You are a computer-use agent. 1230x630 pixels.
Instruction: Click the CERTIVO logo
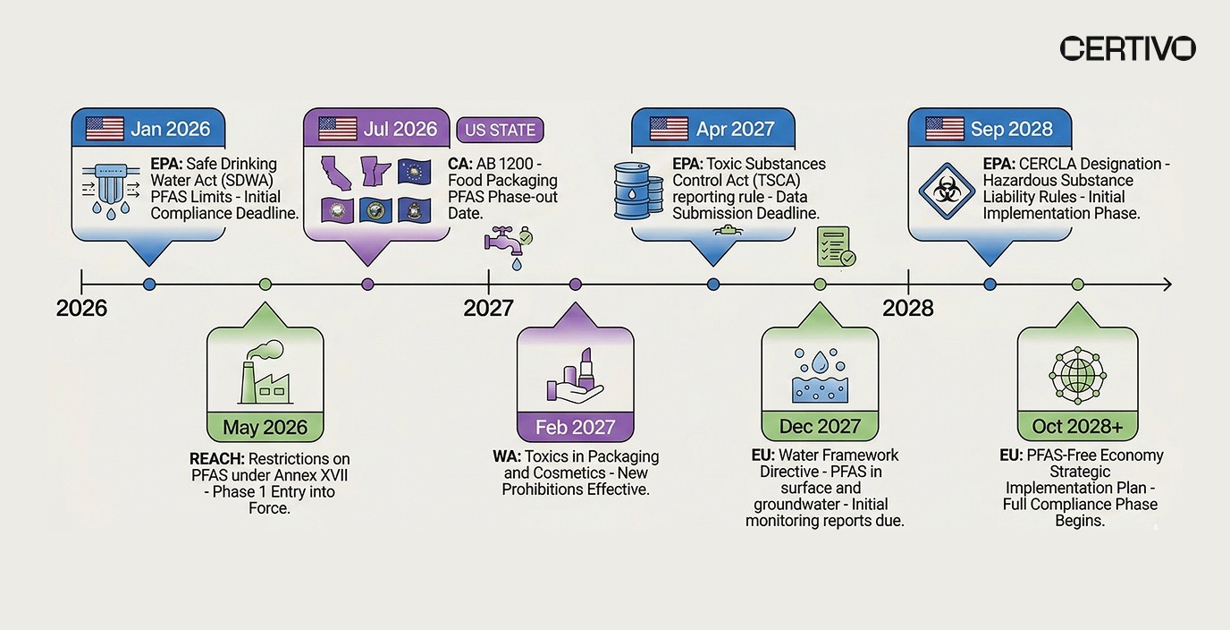pos(1127,48)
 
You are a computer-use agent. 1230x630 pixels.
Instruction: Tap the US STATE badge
pos(500,130)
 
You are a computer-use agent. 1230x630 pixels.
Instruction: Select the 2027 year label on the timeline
pos(488,308)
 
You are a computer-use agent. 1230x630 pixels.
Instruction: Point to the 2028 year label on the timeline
pos(907,308)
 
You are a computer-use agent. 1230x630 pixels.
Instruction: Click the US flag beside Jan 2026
pos(105,129)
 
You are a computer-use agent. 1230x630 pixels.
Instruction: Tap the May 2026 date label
pos(265,428)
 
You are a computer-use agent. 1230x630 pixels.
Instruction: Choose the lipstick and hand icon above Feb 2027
pos(575,376)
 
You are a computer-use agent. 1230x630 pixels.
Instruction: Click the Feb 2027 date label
pos(575,428)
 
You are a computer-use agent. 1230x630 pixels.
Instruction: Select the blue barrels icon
pos(637,190)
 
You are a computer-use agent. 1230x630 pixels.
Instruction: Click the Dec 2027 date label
pos(820,427)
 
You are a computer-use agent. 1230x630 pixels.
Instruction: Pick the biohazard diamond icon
pos(946,191)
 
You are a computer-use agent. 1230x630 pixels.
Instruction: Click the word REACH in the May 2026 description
pos(216,457)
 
